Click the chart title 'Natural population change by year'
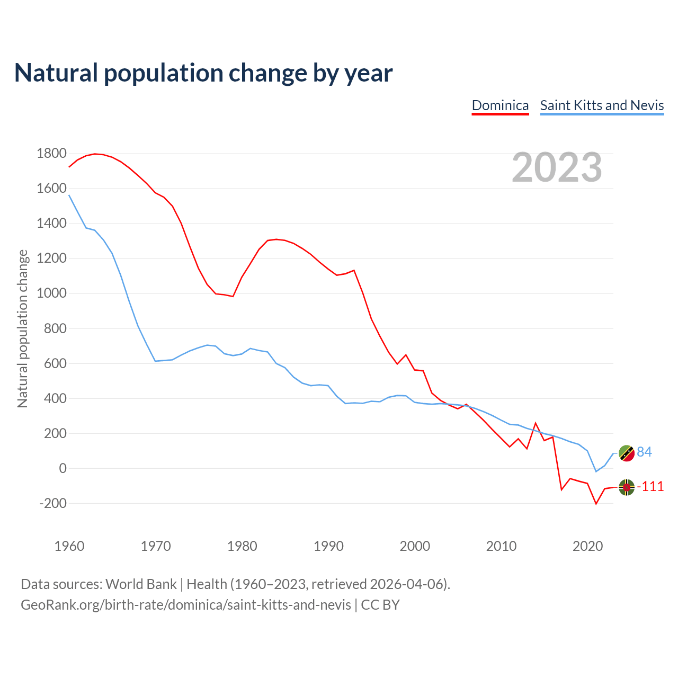coord(203,73)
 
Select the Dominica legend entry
coord(500,105)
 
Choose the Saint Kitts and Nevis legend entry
coord(602,105)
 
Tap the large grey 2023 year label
coord(557,167)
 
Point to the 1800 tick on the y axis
coord(52,154)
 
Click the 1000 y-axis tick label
coord(52,293)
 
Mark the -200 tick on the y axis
coord(53,503)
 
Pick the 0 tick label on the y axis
coord(63,468)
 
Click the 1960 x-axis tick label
coord(69,546)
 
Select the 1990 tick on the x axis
coord(328,546)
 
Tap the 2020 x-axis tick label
coord(588,546)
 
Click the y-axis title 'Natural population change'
coord(23,329)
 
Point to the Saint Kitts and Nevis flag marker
coord(627,453)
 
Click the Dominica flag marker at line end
coord(627,487)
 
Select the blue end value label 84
coord(644,452)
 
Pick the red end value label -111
coord(650,487)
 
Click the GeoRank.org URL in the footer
coord(186,605)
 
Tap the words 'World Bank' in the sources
coord(141,584)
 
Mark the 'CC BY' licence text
coord(380,605)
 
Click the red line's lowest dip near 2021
coord(596,504)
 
